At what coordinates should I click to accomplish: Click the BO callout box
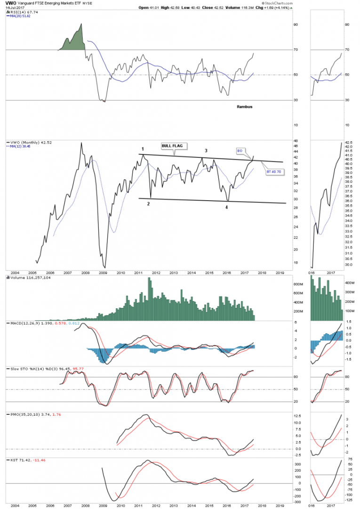[x=240, y=151]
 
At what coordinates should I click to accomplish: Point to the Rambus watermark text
[x=244, y=107]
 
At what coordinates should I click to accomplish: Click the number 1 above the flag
[x=142, y=150]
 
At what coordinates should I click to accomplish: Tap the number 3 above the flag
[x=206, y=151]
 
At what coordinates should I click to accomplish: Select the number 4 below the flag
[x=227, y=207]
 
